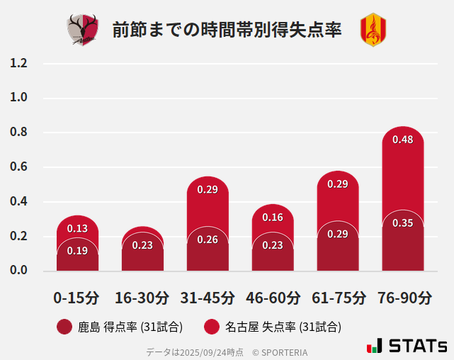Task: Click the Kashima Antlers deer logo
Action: pos(83,30)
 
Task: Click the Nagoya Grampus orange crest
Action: pos(373,30)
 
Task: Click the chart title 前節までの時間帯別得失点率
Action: pos(227,30)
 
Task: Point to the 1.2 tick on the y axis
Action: pos(19,64)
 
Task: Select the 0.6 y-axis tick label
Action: pos(19,167)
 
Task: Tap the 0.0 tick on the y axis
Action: pos(19,271)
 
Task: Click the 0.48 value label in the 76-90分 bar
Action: pos(402,140)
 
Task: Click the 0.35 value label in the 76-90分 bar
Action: pos(402,223)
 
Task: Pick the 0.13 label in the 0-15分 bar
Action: pos(77,228)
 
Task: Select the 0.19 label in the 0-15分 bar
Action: pos(77,250)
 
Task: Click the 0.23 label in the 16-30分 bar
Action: pos(142,245)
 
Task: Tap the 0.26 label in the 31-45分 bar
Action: pos(208,240)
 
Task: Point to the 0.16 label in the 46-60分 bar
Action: pos(273,218)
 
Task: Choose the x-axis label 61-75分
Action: pos(338,298)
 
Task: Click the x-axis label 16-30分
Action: pos(142,298)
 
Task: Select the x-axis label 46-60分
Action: pos(273,298)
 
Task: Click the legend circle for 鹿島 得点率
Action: pos(64,327)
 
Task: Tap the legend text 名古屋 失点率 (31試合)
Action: pos(283,327)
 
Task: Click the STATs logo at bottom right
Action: pos(407,346)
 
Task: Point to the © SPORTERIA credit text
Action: pos(280,351)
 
